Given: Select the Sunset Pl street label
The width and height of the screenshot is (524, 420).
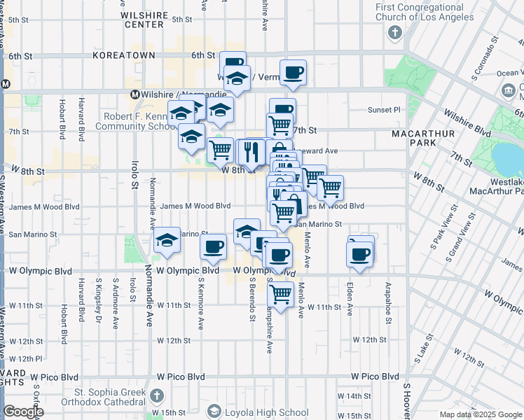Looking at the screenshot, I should (384, 110).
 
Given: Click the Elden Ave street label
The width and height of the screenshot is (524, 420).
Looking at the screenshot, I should (350, 299).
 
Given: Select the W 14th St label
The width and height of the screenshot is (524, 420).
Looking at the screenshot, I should (354, 396).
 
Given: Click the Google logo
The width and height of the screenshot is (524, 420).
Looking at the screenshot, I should (22, 412).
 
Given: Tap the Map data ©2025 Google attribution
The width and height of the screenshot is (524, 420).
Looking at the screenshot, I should (480, 414).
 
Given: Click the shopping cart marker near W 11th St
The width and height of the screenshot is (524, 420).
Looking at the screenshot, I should (281, 294).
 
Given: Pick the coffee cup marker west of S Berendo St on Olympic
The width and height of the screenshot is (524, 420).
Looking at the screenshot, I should (213, 246).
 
